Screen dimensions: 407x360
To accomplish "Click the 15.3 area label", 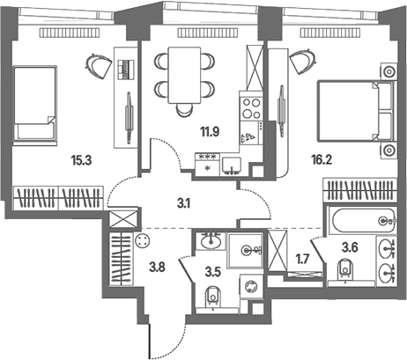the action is [x=81, y=160].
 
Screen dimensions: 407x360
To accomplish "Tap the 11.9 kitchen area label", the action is [x=210, y=132].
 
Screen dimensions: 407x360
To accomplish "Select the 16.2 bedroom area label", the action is [x=322, y=160].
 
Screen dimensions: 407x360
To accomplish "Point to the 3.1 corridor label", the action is [x=183, y=203].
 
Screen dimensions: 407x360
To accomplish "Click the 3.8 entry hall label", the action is [x=158, y=267].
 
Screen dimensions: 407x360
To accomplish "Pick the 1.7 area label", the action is [x=302, y=259].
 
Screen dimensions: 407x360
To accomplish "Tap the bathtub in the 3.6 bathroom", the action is [x=363, y=221].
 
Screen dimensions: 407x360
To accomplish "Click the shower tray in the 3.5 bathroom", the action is [x=246, y=250].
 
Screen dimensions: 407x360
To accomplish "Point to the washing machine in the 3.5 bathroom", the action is [x=251, y=287].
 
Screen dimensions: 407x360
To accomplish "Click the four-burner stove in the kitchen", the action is [x=251, y=108].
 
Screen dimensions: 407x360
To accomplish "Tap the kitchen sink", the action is [x=232, y=166].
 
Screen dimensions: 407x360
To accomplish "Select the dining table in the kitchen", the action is [x=184, y=76].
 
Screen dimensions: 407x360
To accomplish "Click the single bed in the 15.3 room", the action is [x=34, y=106].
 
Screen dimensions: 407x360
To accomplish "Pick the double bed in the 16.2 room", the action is [x=355, y=111].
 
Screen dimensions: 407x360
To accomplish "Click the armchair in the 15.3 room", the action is [x=99, y=66].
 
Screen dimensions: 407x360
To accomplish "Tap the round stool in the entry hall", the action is [x=143, y=240].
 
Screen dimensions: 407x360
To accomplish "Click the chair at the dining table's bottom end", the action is [x=185, y=110].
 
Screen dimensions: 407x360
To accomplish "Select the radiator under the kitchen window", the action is [x=207, y=33].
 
